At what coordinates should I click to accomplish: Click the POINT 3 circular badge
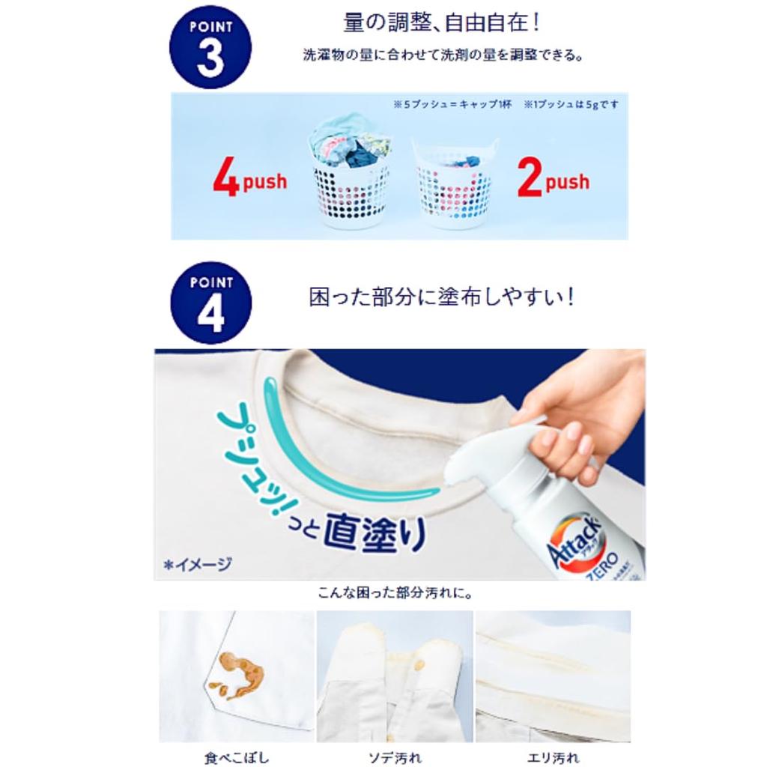210,48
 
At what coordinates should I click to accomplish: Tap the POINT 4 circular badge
210,303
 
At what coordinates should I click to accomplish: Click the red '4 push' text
249,181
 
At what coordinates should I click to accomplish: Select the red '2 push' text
553,181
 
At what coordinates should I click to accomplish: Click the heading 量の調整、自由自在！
442,22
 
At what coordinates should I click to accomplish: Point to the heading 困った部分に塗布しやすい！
442,297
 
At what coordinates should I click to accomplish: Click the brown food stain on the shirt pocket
237,674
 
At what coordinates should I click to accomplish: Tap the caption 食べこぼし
236,757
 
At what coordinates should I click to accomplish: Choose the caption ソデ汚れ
395,757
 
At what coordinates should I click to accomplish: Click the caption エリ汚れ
553,757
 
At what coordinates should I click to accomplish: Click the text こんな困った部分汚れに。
395,592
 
